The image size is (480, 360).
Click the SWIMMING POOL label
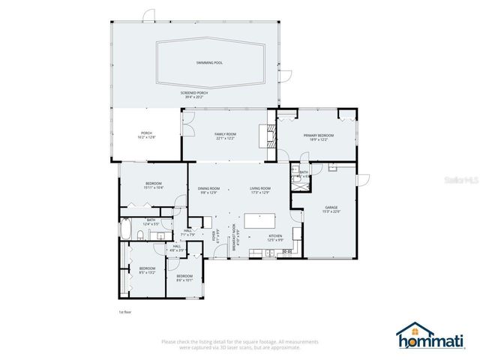click(x=209, y=63)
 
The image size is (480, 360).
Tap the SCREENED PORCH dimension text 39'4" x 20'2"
click(x=194, y=97)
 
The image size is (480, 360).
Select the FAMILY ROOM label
click(x=226, y=134)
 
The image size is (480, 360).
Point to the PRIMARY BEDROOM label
click(x=318, y=135)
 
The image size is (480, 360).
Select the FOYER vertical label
click(x=214, y=237)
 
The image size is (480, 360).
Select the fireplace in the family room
click(x=263, y=134)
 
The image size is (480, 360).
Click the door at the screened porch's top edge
click(x=148, y=15)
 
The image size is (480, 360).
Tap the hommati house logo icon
click(x=410, y=334)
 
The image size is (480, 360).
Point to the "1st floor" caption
click(x=125, y=310)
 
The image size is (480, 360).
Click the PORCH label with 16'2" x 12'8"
click(x=146, y=134)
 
